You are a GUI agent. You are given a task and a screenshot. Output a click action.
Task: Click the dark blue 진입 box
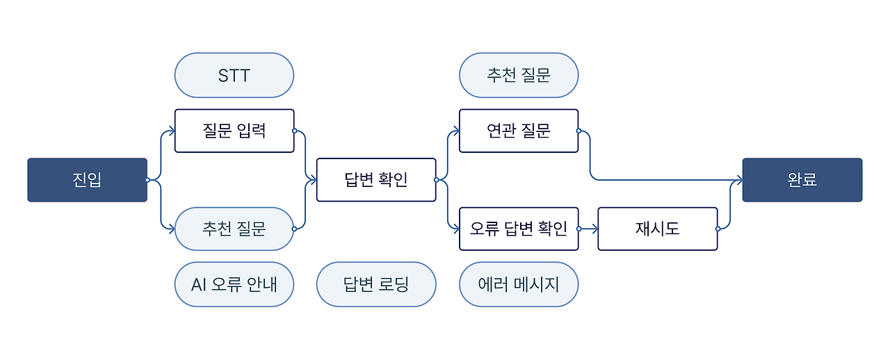87,180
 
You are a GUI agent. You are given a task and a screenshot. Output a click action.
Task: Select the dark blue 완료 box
802,180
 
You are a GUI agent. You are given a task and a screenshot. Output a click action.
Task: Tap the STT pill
234,75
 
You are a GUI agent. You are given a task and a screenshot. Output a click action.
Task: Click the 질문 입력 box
234,131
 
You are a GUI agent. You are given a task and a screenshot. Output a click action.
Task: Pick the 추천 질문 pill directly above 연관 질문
519,75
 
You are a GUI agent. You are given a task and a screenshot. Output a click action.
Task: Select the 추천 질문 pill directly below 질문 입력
234,229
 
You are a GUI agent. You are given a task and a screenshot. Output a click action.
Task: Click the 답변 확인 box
376,180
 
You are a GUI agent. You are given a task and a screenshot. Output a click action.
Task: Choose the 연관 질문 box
519,131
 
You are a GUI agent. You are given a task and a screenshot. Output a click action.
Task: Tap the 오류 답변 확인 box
519,229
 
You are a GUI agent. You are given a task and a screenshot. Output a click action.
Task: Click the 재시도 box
657,229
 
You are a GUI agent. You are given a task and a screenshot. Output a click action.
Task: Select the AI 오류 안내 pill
234,284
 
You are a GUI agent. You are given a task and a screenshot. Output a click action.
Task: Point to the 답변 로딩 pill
376,284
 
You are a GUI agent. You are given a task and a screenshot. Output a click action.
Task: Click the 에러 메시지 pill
519,284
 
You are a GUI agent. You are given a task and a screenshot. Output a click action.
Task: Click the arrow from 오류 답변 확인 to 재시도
588,229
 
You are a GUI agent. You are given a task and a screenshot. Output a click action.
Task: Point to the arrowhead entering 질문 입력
171,131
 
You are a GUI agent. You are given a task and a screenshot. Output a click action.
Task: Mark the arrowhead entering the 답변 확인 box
313,180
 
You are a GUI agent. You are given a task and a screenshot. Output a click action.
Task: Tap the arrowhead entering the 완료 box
739,180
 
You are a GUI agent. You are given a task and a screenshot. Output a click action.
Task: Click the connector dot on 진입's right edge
147,180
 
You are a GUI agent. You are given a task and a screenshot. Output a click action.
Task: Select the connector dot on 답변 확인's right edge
436,180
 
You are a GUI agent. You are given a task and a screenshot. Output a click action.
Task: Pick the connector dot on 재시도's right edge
718,229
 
